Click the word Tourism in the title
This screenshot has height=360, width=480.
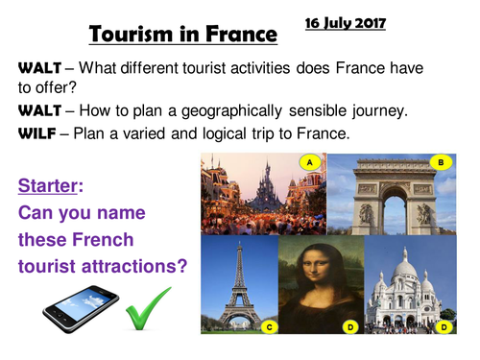(136, 35)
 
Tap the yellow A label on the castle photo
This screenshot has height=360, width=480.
(310, 162)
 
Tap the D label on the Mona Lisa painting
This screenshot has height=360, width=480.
(349, 326)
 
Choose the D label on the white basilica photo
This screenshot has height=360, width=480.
(444, 326)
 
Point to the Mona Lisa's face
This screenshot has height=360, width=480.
(323, 262)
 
